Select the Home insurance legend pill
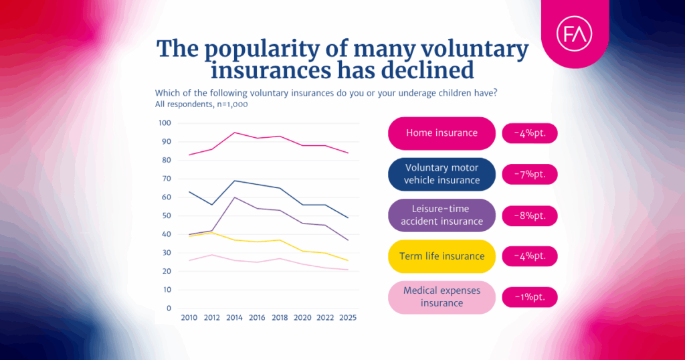[442, 133]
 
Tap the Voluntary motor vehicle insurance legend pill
[442, 174]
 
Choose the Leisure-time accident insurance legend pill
[442, 215]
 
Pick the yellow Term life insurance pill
[442, 256]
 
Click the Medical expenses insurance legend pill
[442, 297]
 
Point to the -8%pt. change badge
[529, 215]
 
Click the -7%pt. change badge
[529, 174]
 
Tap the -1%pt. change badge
[529, 297]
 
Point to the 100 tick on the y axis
[165, 123]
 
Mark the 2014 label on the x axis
[234, 319]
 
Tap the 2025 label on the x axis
[348, 319]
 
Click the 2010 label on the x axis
[190, 319]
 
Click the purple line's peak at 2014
[234, 197]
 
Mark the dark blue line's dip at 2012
[212, 205]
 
